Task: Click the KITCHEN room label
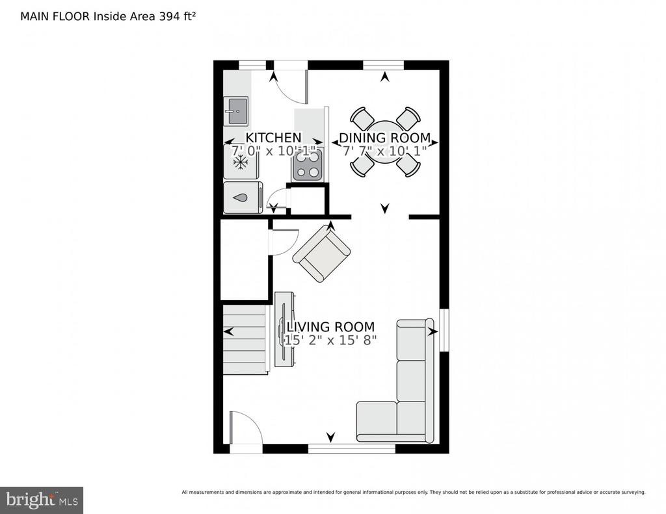point(273,138)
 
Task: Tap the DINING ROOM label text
point(385,138)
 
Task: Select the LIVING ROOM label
point(330,327)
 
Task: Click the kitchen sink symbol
point(236,111)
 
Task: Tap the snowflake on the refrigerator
point(241,162)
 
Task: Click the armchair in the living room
point(321,253)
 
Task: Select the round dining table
point(385,142)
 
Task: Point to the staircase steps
point(245,340)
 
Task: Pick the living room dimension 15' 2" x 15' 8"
point(330,340)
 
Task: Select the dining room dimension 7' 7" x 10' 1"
point(385,151)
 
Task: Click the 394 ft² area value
point(177,16)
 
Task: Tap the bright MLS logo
point(42,500)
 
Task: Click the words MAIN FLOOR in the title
point(55,16)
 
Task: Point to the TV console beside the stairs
point(284,329)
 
